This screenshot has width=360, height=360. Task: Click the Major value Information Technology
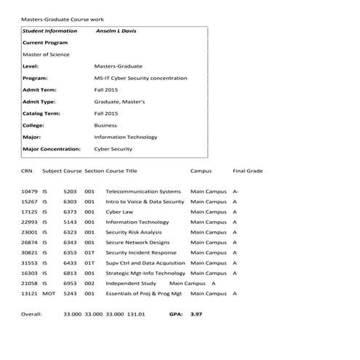[x=126, y=137]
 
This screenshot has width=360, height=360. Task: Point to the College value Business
[x=105, y=125]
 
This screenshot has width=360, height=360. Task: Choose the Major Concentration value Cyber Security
[x=113, y=149]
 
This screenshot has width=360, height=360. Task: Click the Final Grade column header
[x=247, y=171]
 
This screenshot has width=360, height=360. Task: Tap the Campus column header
[x=201, y=171]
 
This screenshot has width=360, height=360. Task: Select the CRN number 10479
[x=29, y=191]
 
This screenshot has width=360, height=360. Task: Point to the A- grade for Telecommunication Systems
[x=235, y=191]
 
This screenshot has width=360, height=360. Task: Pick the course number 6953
[x=70, y=283]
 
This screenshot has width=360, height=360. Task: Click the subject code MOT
[x=49, y=293]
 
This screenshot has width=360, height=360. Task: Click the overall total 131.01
[x=137, y=315]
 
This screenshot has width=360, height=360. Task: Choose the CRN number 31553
[x=29, y=263]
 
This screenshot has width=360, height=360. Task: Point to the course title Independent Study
[x=131, y=283]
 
